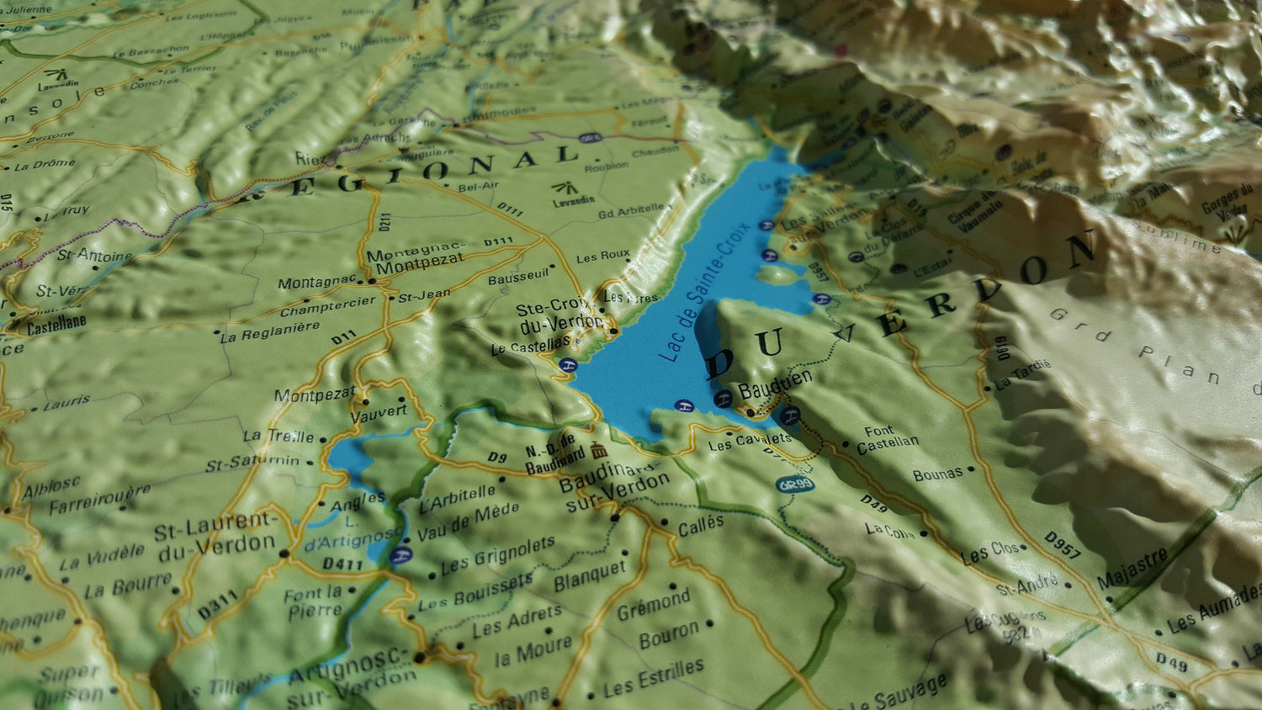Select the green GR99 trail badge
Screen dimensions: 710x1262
794,485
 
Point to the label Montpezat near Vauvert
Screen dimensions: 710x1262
315,395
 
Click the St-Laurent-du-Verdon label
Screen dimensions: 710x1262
216,537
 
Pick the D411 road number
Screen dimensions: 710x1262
342,564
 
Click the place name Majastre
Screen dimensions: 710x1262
1132,568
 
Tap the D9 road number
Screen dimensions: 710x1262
497,458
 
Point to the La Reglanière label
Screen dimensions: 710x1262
270,331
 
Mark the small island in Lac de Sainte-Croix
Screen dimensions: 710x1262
778,274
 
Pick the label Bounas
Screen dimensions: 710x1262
938,474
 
